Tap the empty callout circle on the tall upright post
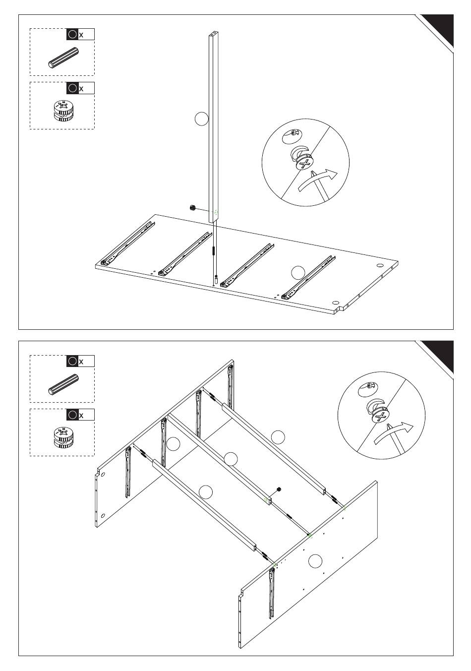[x=201, y=119]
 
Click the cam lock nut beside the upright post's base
[x=193, y=207]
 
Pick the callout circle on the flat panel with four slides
[x=297, y=272]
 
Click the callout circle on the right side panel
[x=315, y=561]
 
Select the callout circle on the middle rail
[x=231, y=458]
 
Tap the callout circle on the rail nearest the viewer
[x=205, y=492]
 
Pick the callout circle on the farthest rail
[x=278, y=437]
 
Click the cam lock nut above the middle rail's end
[x=279, y=489]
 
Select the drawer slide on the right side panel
[x=272, y=593]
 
